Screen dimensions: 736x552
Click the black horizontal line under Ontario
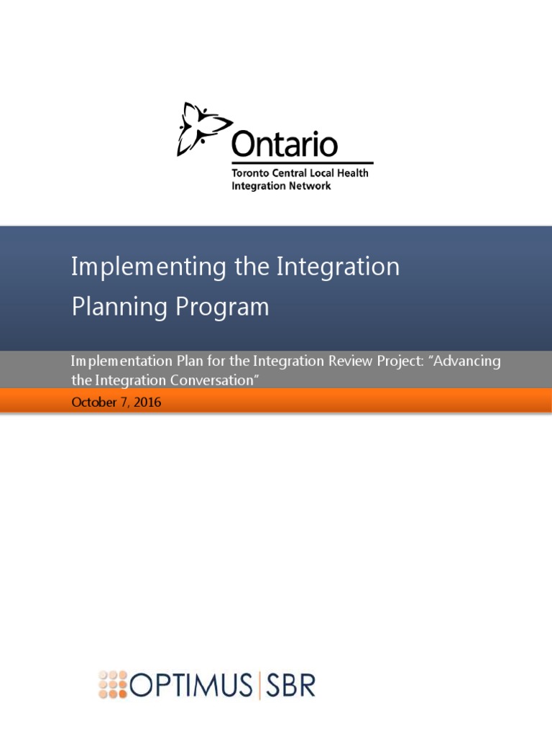click(x=302, y=163)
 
